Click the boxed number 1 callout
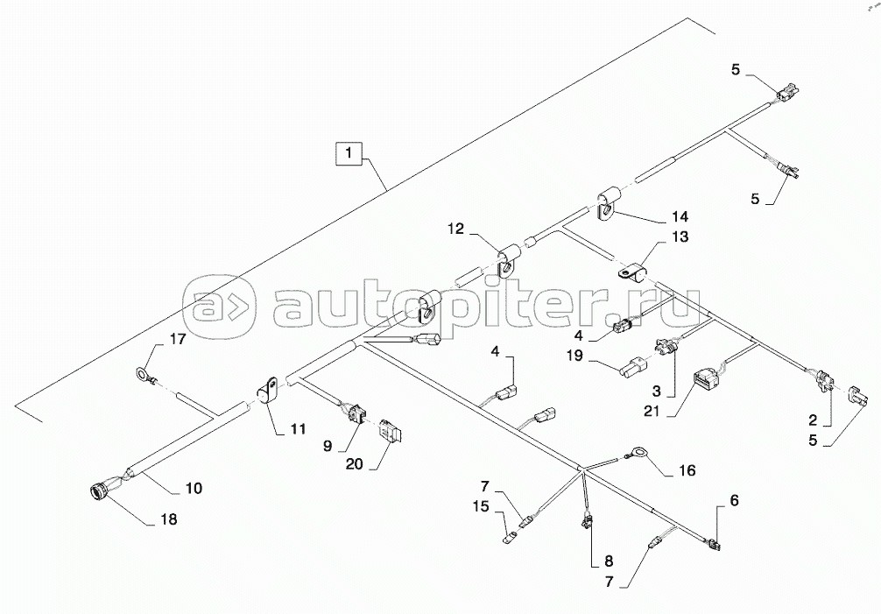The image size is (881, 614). pyautogui.click(x=349, y=155)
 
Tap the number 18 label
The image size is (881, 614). pyautogui.click(x=167, y=519)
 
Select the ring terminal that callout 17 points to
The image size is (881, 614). pyautogui.click(x=141, y=375)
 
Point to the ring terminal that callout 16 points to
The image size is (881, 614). pyautogui.click(x=638, y=454)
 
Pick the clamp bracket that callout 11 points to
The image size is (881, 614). pyautogui.click(x=268, y=390)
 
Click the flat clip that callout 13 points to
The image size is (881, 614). pyautogui.click(x=631, y=272)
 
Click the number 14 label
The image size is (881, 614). pyautogui.click(x=680, y=215)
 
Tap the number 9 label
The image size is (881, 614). pyautogui.click(x=327, y=445)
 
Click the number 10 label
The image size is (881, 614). pyautogui.click(x=194, y=487)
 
